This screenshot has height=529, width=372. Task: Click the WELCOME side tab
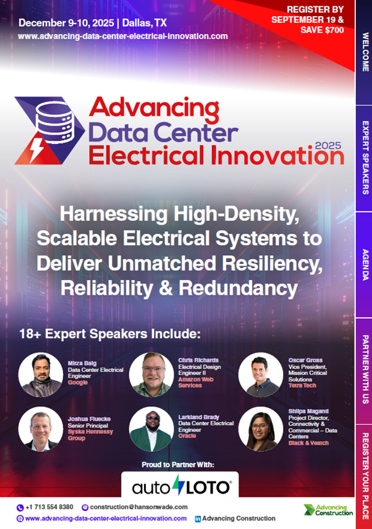click(x=363, y=52)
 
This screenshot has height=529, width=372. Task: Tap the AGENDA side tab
click(x=363, y=264)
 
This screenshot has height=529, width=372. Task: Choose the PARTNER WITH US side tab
click(x=363, y=370)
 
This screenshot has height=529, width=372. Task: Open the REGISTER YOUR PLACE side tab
click(x=363, y=476)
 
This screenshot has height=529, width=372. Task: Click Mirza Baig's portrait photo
click(x=40, y=375)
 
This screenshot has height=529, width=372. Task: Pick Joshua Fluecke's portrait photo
click(x=40, y=429)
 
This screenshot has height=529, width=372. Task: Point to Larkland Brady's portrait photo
click(x=151, y=429)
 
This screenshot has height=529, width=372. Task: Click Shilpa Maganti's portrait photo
click(x=261, y=429)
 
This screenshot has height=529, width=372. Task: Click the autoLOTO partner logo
click(x=181, y=487)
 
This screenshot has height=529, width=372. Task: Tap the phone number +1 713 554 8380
click(x=49, y=507)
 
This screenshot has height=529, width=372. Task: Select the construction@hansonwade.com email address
click(x=138, y=507)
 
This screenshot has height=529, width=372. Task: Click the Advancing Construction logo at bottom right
click(x=328, y=510)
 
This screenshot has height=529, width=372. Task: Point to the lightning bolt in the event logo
click(x=36, y=149)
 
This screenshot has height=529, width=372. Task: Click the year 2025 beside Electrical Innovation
click(x=328, y=146)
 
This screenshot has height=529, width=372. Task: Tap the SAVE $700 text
click(x=322, y=30)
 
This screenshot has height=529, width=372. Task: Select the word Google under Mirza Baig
click(x=78, y=383)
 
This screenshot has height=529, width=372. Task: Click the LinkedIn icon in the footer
click(x=198, y=519)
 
